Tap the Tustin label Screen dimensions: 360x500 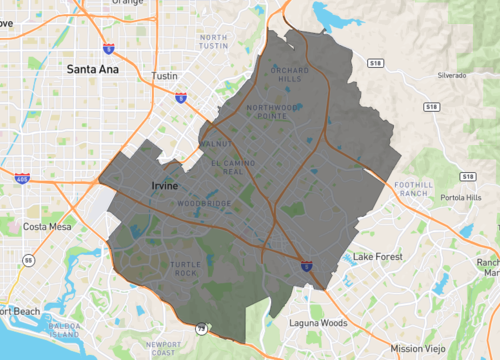(x=163, y=76)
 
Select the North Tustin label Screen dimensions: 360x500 (x=213, y=42)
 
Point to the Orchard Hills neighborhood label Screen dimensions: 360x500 (x=291, y=75)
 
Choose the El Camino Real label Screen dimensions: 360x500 (x=226, y=167)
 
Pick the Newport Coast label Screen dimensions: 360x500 (x=161, y=348)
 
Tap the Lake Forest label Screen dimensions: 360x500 (x=374, y=257)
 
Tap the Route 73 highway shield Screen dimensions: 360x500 (x=201, y=327)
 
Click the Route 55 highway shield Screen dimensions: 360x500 (x=30, y=260)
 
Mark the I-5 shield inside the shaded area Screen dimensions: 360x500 (x=306, y=265)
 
